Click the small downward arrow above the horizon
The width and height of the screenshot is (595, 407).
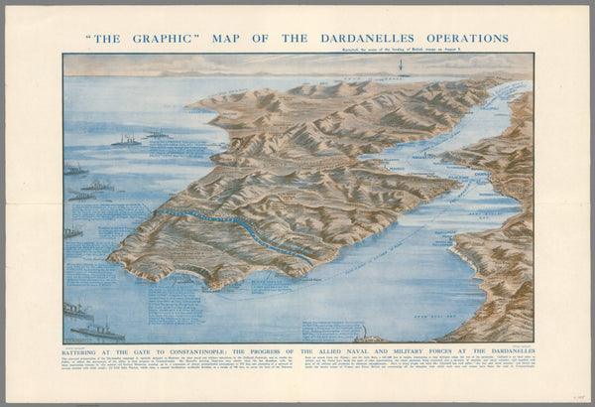[x=402, y=68]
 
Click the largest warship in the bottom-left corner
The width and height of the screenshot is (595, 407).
[x=97, y=330]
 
